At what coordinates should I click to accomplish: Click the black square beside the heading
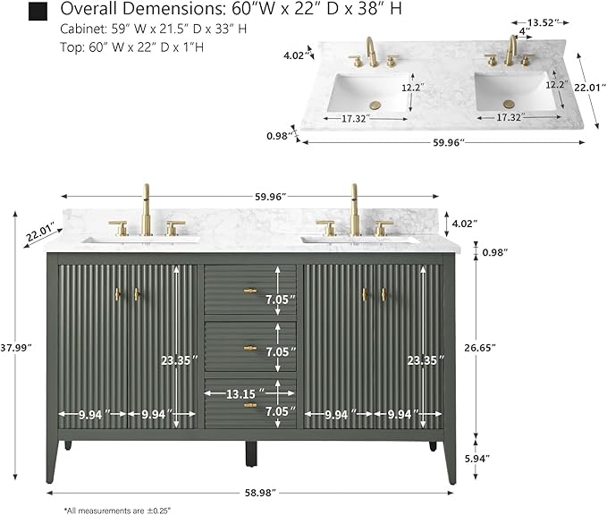pyautogui.click(x=38, y=11)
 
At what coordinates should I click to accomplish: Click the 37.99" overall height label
pyautogui.click(x=15, y=348)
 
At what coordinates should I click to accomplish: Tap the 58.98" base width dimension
pyautogui.click(x=260, y=493)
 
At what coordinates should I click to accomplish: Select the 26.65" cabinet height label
pyautogui.click(x=480, y=348)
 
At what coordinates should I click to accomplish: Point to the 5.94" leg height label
pyautogui.click(x=477, y=459)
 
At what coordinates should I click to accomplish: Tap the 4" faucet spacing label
pyautogui.click(x=524, y=31)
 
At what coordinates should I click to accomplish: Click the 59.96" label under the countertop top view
pyautogui.click(x=448, y=142)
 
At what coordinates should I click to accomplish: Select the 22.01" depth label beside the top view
pyautogui.click(x=590, y=88)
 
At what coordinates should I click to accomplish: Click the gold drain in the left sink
pyautogui.click(x=375, y=106)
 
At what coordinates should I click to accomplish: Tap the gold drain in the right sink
pyautogui.click(x=509, y=104)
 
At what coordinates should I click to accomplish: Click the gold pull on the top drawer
pyautogui.click(x=250, y=291)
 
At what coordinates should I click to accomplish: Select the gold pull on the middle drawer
pyautogui.click(x=250, y=348)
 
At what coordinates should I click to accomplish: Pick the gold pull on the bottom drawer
pyautogui.click(x=250, y=405)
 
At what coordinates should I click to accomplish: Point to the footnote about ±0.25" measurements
pyautogui.click(x=117, y=511)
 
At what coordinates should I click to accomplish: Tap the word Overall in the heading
pyautogui.click(x=84, y=9)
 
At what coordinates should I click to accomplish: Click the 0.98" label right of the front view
pyautogui.click(x=494, y=252)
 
